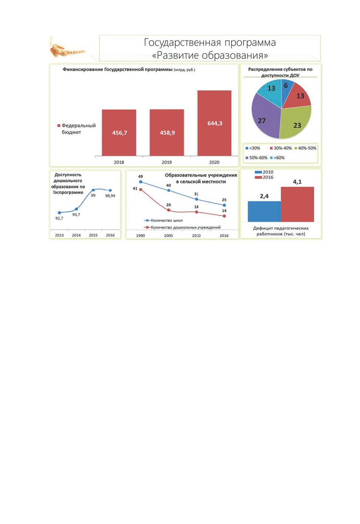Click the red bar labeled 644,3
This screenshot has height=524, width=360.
pos(214,123)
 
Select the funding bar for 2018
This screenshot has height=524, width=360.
pos(119,132)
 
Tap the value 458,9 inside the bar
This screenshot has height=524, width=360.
pos(167,133)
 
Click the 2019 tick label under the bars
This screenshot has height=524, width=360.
pos(167,162)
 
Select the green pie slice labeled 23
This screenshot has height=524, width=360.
pos(296,123)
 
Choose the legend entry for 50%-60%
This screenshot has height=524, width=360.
pos(256,158)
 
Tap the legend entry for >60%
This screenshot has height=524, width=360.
pos(277,158)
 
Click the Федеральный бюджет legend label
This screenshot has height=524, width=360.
pos(77,129)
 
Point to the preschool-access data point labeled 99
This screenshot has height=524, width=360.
pos(93,190)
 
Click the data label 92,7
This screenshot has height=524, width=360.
pos(59,218)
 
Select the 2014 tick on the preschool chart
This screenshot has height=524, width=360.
pos(76,235)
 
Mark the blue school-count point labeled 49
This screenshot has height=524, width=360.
pos(141,182)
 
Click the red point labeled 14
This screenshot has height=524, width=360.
pos(224,216)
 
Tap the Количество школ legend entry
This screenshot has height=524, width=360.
pos(163,220)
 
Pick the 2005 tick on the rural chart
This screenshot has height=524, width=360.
pos(168,236)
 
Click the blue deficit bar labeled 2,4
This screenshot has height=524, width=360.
pos(264,211)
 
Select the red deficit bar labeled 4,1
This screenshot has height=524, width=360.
pos(297,204)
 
